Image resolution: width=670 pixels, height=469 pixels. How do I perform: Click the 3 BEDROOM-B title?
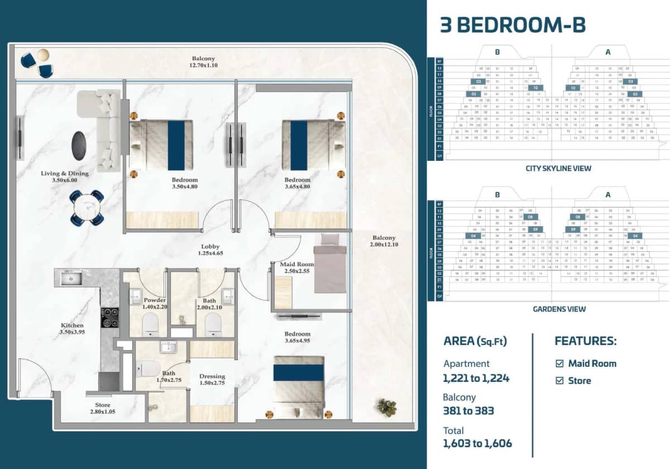point(513,26)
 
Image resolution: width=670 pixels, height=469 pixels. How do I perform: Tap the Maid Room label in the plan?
point(296,267)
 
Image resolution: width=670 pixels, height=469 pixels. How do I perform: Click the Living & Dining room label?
point(65,177)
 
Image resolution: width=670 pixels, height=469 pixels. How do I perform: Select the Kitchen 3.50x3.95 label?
point(73,329)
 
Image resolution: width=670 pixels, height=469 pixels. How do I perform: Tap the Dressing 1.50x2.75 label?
point(212,380)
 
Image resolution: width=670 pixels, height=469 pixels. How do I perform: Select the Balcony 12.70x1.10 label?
point(203,62)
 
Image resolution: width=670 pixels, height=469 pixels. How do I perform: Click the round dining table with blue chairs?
point(87,208)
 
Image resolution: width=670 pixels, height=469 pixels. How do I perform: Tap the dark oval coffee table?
point(80,145)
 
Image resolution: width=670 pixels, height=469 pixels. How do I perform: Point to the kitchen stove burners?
point(109,317)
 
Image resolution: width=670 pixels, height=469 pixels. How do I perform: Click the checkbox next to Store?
point(559,381)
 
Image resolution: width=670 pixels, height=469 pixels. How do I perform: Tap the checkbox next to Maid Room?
point(559,363)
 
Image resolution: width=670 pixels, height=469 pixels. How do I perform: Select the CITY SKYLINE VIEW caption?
point(558,168)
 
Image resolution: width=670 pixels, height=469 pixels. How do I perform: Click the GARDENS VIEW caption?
point(558,309)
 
